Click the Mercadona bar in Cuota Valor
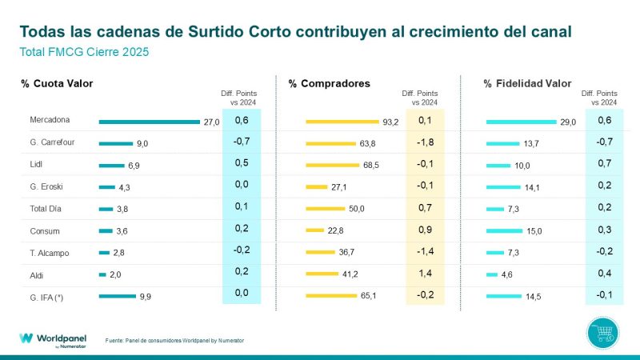coord(149,122)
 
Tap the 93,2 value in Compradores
coord(391,122)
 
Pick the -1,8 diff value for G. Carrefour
coord(426,143)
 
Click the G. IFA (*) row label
coord(47,296)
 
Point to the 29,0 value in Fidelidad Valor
coord(568,122)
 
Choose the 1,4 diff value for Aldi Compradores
coord(426,274)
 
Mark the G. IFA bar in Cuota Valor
coord(117,296)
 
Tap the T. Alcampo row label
coord(49,253)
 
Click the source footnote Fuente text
coord(174,341)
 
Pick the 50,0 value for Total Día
coord(356,209)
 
